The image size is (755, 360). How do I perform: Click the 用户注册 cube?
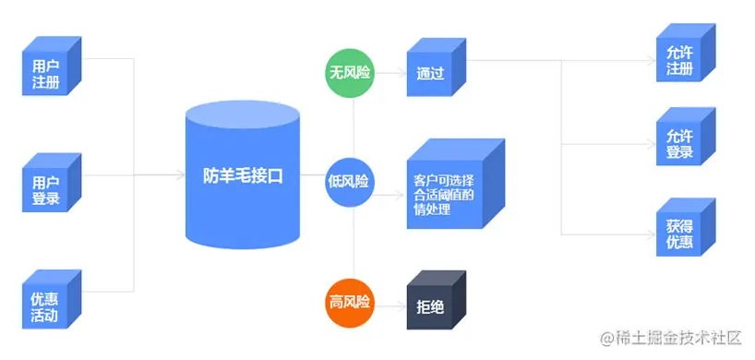pos(47,72)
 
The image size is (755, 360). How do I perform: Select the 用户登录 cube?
pos(47,188)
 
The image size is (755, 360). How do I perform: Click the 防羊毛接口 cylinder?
pos(243,175)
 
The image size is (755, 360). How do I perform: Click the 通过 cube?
pos(431,73)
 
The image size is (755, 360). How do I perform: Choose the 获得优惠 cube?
pos(679,231)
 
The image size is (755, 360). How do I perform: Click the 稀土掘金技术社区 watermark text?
pos(673,341)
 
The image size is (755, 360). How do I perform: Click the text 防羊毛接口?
pos(243,177)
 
